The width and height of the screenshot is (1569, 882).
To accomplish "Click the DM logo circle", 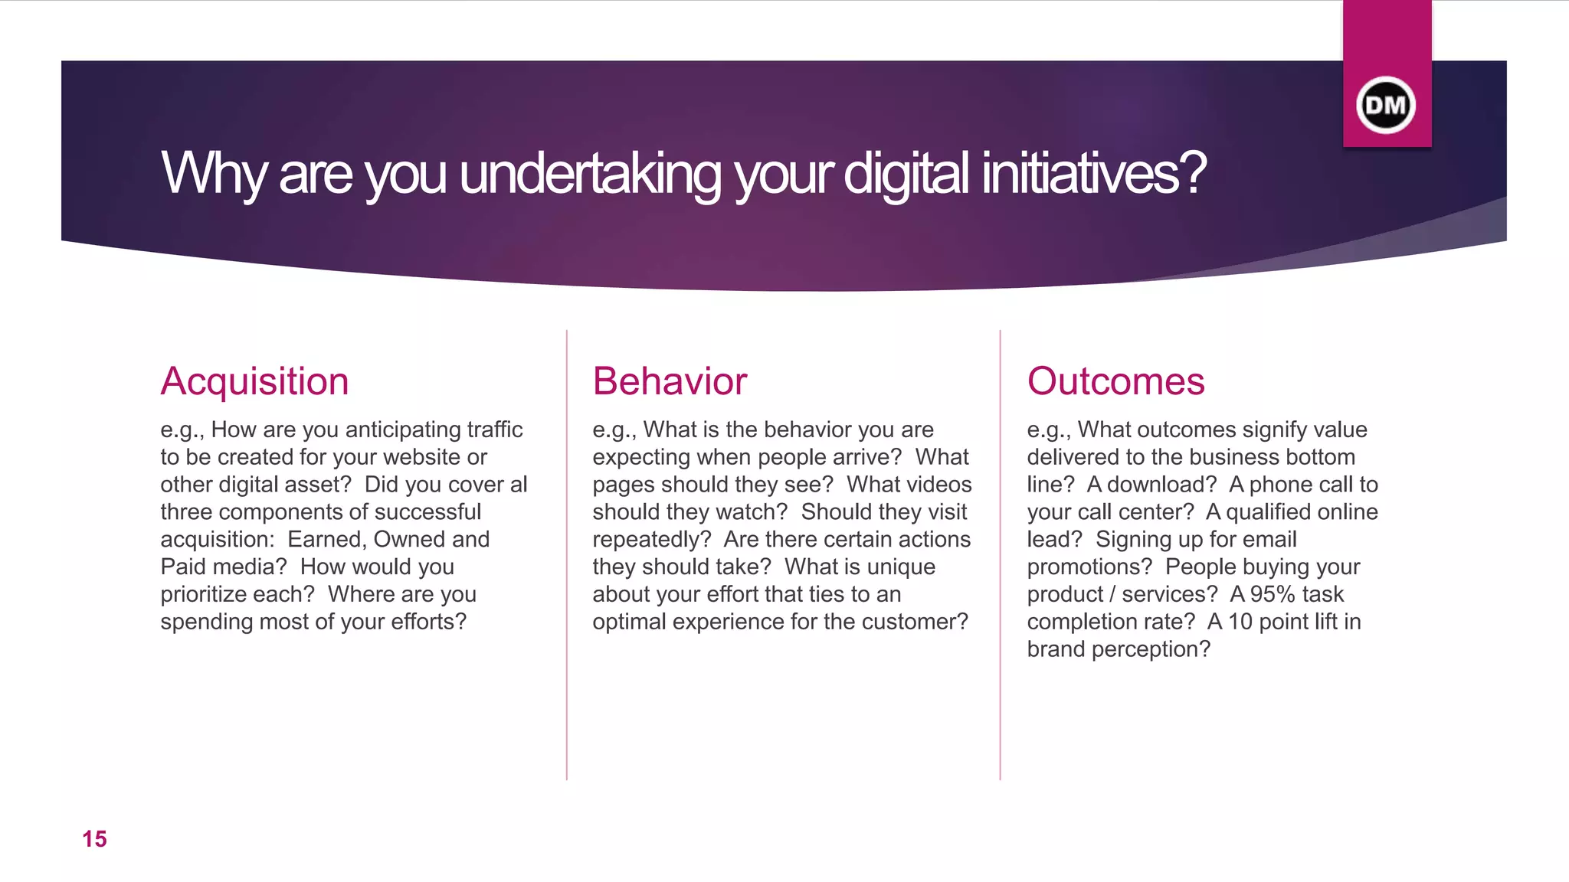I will click(x=1386, y=105).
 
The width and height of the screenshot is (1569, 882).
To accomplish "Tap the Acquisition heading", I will click(x=254, y=381).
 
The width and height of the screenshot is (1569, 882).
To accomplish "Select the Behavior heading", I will click(x=669, y=381).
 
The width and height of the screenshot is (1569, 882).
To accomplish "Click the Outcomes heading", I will click(x=1115, y=381).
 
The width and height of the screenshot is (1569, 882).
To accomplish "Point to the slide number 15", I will click(x=94, y=839).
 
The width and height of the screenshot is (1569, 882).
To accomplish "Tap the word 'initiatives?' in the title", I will click(x=1093, y=174).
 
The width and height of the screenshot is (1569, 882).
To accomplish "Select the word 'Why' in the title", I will click(x=214, y=174).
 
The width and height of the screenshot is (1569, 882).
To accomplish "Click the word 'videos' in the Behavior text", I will click(x=935, y=485).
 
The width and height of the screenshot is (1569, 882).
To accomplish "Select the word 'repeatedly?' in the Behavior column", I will click(x=652, y=540).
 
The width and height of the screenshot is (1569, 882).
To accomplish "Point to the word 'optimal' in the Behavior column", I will click(x=629, y=622).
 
